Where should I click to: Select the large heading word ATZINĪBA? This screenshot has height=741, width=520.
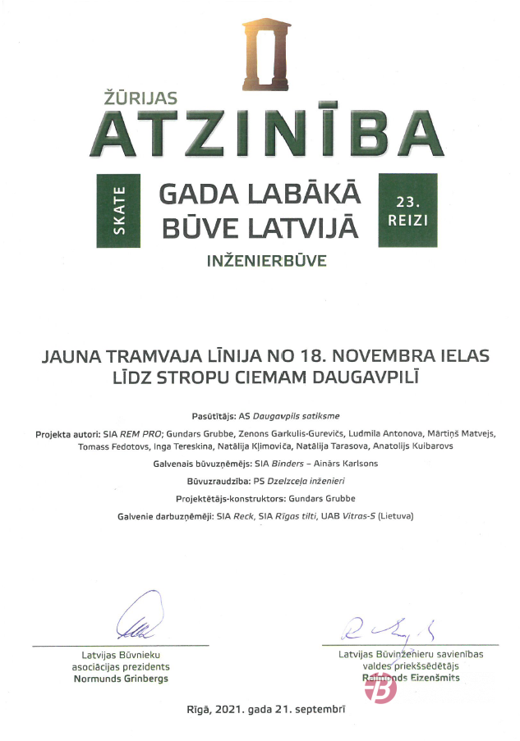[x=266, y=133]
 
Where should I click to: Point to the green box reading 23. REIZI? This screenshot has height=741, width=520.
[x=407, y=211]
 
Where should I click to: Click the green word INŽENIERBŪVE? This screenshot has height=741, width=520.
[x=267, y=263]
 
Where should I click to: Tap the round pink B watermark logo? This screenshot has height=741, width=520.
[x=380, y=688]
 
